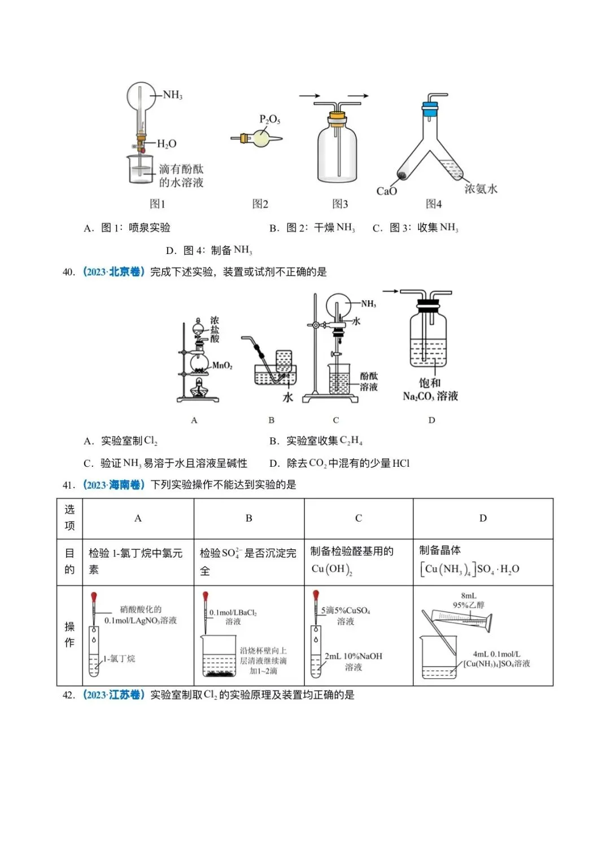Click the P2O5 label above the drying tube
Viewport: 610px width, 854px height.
tap(269, 119)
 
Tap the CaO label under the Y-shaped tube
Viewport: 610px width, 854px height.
tap(386, 191)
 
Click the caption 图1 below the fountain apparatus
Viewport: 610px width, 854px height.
tap(157, 204)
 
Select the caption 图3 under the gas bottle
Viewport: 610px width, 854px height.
tap(340, 204)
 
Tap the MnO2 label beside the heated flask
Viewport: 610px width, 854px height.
tap(222, 365)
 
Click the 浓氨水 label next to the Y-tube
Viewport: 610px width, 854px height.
tap(481, 189)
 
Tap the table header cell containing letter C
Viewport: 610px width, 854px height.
tap(358, 518)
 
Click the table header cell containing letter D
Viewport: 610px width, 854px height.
tap(482, 518)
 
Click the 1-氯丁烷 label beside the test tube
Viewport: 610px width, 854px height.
tap(119, 659)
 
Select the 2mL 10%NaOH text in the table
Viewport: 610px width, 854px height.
tap(353, 656)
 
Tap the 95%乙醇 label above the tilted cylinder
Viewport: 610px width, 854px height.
tap(468, 605)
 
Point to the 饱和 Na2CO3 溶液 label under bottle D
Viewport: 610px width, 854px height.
tap(430, 390)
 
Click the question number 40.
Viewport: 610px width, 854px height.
tap(68, 272)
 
